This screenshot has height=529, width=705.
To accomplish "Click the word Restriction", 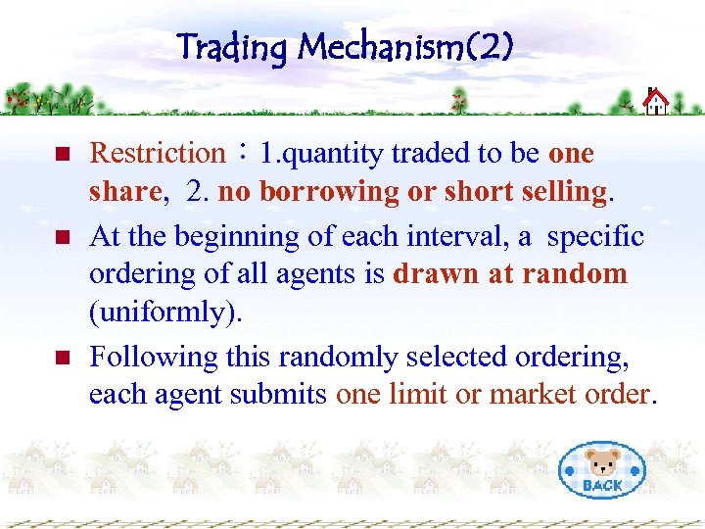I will pyautogui.click(x=157, y=153).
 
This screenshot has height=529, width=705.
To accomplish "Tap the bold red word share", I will pyautogui.click(x=124, y=193).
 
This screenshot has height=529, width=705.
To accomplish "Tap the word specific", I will pyautogui.click(x=595, y=236).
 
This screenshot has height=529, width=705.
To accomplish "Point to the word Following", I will pyautogui.click(x=154, y=356).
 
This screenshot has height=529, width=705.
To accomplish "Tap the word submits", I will pyautogui.click(x=281, y=394).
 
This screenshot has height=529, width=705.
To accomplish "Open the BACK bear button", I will pyautogui.click(x=601, y=469).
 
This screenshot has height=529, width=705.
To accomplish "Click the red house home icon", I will pyautogui.click(x=655, y=101).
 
